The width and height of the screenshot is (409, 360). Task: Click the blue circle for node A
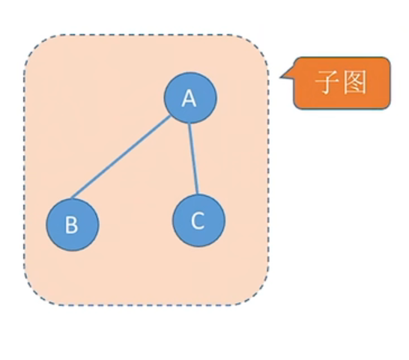[x=190, y=98]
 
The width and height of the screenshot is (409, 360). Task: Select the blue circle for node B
[x=73, y=225]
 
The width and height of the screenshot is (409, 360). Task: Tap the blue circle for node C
[x=199, y=221]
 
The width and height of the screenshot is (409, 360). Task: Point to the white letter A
[x=189, y=99]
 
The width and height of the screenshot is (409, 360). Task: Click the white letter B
[x=71, y=225]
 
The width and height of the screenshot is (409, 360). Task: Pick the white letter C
[x=198, y=221]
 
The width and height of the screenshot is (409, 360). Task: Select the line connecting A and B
[x=121, y=157]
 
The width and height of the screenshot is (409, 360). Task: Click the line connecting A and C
[x=193, y=159]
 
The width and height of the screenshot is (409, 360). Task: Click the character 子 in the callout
[x=327, y=82]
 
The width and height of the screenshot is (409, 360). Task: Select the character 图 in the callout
[x=355, y=82]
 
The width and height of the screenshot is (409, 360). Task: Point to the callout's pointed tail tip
[x=280, y=77]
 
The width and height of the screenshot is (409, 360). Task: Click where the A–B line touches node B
[x=72, y=198]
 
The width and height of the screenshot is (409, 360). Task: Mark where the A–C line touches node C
[x=198, y=195]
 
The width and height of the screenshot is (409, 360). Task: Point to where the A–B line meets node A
[x=171, y=116]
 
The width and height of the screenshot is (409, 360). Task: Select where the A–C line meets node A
[x=189, y=123]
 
